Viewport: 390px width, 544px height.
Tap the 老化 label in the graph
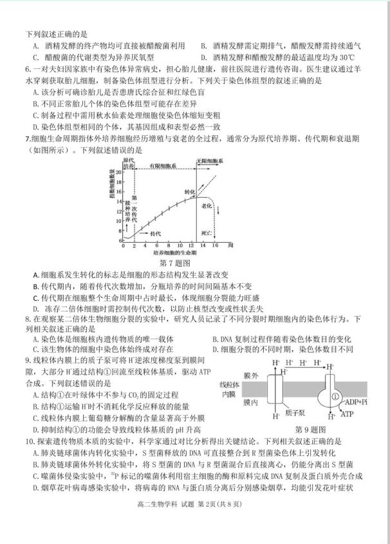(208, 205)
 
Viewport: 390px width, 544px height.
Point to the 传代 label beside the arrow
(154, 234)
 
